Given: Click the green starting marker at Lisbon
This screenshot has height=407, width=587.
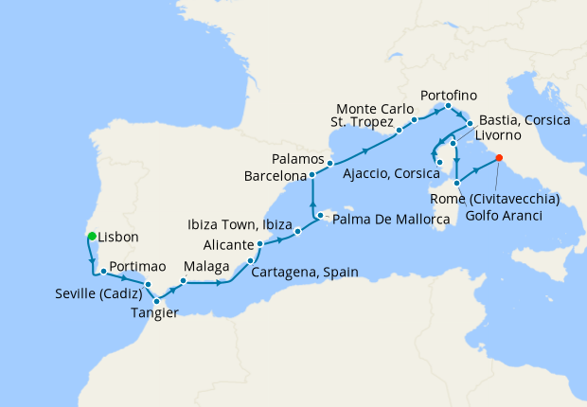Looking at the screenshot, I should pos(91,237).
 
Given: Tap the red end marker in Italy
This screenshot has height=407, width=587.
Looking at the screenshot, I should pos(499,158).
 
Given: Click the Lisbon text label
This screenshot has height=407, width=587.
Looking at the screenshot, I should pos(118,238).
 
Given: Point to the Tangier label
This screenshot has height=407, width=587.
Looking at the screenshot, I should pos(152,313).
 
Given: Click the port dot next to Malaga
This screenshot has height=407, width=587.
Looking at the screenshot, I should pos(183,281).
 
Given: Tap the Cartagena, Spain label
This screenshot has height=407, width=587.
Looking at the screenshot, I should pos(305,272).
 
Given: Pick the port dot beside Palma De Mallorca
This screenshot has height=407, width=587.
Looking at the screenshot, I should pos(321,217).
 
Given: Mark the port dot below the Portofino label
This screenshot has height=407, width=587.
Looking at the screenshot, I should pos(447,106).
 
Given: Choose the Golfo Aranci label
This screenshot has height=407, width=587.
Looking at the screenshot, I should pos(505,217).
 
